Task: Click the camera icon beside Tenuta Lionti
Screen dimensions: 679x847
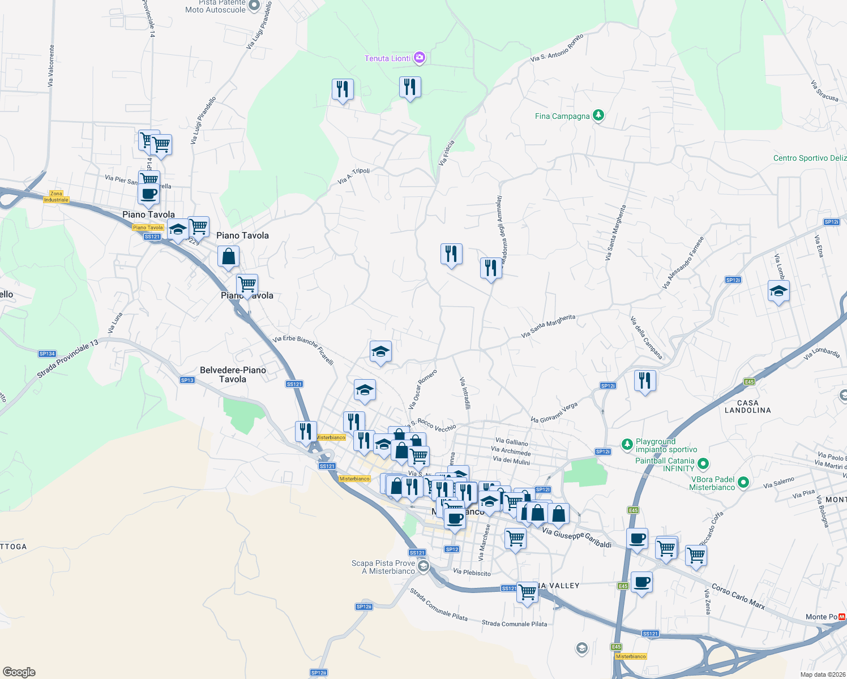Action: tap(419, 58)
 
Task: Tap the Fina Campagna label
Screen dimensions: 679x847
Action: tap(562, 116)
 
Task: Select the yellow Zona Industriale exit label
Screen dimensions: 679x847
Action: tap(56, 196)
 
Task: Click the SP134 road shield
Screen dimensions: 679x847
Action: tap(47, 354)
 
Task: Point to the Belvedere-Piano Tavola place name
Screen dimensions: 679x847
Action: tap(233, 375)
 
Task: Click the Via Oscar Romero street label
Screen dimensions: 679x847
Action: tap(422, 389)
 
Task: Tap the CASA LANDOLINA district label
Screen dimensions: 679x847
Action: tap(747, 406)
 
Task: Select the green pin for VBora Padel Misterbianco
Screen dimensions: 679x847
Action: tap(743, 483)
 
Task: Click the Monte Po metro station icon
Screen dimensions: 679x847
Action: tap(842, 617)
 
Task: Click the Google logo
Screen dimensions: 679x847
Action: tap(19, 672)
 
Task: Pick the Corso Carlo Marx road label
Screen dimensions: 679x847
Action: tap(738, 596)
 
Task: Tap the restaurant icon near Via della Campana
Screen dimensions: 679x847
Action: tap(645, 381)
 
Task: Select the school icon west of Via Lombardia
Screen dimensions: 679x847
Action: tap(778, 291)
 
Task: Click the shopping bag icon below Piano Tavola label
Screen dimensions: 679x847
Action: tap(228, 257)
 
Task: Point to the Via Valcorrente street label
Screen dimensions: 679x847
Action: tap(51, 66)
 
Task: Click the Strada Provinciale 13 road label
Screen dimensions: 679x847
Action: tap(68, 359)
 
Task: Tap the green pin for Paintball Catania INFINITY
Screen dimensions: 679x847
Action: tap(703, 465)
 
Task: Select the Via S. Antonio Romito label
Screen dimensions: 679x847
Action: tap(557, 48)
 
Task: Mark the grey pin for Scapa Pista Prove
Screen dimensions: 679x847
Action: tap(423, 566)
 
